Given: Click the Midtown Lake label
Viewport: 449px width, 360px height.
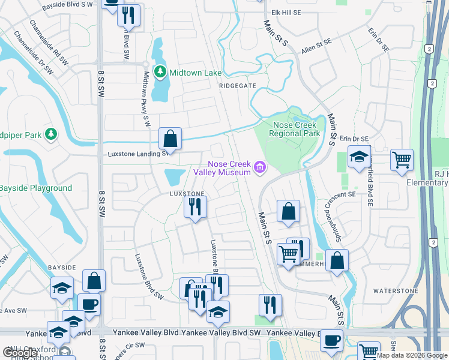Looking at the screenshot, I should coord(196,73).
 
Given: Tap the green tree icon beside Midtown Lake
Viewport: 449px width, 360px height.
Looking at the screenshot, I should coord(160,73).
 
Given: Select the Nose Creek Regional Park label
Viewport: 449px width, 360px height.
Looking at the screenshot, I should coord(297,129).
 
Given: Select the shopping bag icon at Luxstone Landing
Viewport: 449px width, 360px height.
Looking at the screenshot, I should coord(170,139).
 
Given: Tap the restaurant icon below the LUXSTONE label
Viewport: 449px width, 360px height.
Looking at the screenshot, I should coord(195,207).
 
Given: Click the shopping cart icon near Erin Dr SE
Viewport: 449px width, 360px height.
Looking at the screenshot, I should coord(402,160).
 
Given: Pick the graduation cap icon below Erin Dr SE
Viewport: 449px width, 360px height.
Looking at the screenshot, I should coord(359,157).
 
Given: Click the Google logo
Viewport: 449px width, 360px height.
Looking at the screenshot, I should coord(20,353).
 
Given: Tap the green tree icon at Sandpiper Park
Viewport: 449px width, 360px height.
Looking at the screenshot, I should coord(52,133).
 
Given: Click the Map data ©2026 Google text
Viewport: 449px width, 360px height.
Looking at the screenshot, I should coord(411,355).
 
